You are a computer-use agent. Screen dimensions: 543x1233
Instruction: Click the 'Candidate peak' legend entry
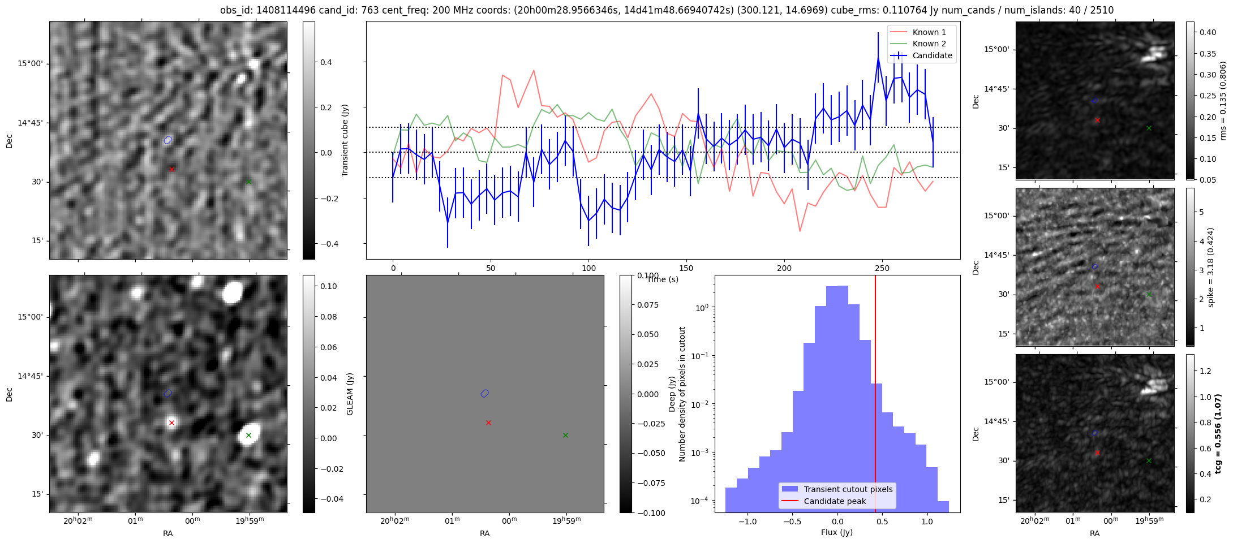pyautogui.click(x=835, y=501)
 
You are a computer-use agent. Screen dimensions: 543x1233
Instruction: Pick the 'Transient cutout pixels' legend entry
pyautogui.click(x=848, y=489)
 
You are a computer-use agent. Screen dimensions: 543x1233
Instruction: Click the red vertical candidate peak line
pyautogui.click(x=875, y=368)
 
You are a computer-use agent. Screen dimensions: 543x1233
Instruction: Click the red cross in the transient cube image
pyautogui.click(x=171, y=169)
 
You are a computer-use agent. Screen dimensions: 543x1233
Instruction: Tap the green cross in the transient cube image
pyautogui.click(x=248, y=182)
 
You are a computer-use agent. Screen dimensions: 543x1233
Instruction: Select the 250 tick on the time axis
pyautogui.click(x=882, y=268)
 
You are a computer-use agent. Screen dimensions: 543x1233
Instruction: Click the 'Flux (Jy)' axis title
pyautogui.click(x=836, y=532)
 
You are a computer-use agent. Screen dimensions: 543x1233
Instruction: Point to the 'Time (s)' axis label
pyautogui.click(x=662, y=279)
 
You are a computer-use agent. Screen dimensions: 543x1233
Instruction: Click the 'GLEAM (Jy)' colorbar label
pyautogui.click(x=350, y=394)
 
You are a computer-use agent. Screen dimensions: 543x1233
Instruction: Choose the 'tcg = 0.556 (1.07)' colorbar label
pyautogui.click(x=1218, y=433)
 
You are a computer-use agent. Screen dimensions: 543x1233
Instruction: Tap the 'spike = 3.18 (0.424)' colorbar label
pyautogui.click(x=1211, y=267)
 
